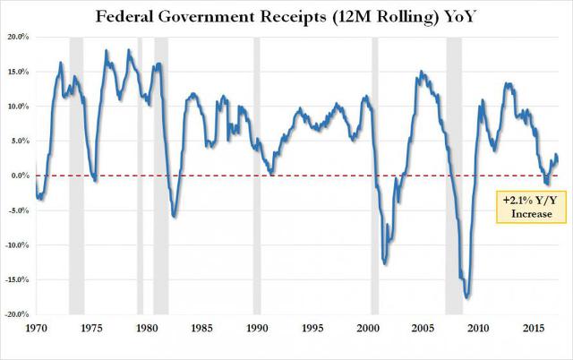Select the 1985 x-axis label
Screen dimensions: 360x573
coord(201,328)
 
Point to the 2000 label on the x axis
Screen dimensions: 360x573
coord(367,328)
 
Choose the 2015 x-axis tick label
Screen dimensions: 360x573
coord(533,328)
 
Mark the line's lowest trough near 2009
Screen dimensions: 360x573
coord(466,297)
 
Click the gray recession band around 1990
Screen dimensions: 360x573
coord(257,179)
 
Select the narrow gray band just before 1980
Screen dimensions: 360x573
coord(139,179)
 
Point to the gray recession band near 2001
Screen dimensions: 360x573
coord(375,179)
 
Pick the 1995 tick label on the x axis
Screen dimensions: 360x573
coord(312,328)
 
